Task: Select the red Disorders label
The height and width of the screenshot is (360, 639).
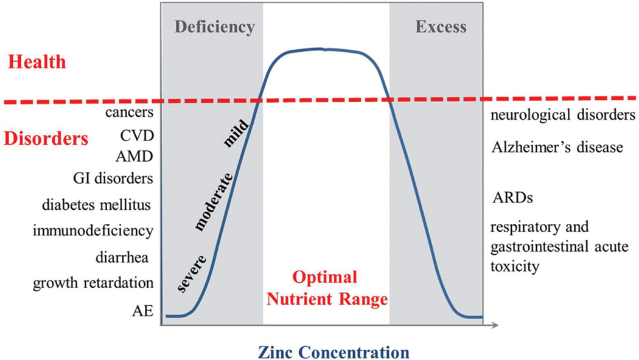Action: (45, 138)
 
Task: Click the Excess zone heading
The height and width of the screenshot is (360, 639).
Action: (441, 27)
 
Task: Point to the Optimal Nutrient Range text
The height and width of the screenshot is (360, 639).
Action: (326, 289)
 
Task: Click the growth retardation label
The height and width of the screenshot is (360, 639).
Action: (93, 283)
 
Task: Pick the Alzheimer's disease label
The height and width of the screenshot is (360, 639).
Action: (557, 147)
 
